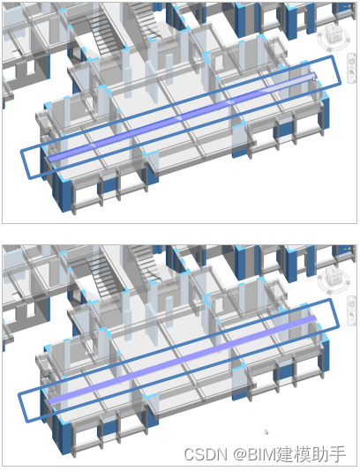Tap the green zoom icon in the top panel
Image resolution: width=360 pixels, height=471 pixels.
351,72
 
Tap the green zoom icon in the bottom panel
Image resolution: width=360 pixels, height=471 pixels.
351,315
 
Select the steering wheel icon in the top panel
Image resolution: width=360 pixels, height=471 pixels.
351,62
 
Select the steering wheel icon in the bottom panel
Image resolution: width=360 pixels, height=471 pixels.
351,304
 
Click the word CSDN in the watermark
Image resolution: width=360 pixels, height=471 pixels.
206,454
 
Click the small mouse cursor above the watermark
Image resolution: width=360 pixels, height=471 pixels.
266,432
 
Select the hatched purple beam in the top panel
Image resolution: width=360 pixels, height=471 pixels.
182,117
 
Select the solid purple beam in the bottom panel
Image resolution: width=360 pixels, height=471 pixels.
182,360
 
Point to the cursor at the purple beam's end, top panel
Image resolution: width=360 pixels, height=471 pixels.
314,78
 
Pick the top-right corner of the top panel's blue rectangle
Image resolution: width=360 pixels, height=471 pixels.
333,56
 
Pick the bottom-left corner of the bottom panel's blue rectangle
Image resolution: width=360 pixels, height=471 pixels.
27,421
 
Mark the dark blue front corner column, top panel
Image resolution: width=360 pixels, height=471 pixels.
64,195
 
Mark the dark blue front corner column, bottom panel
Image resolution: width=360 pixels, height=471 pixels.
64,438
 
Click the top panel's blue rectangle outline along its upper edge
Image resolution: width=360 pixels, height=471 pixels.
176,102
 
